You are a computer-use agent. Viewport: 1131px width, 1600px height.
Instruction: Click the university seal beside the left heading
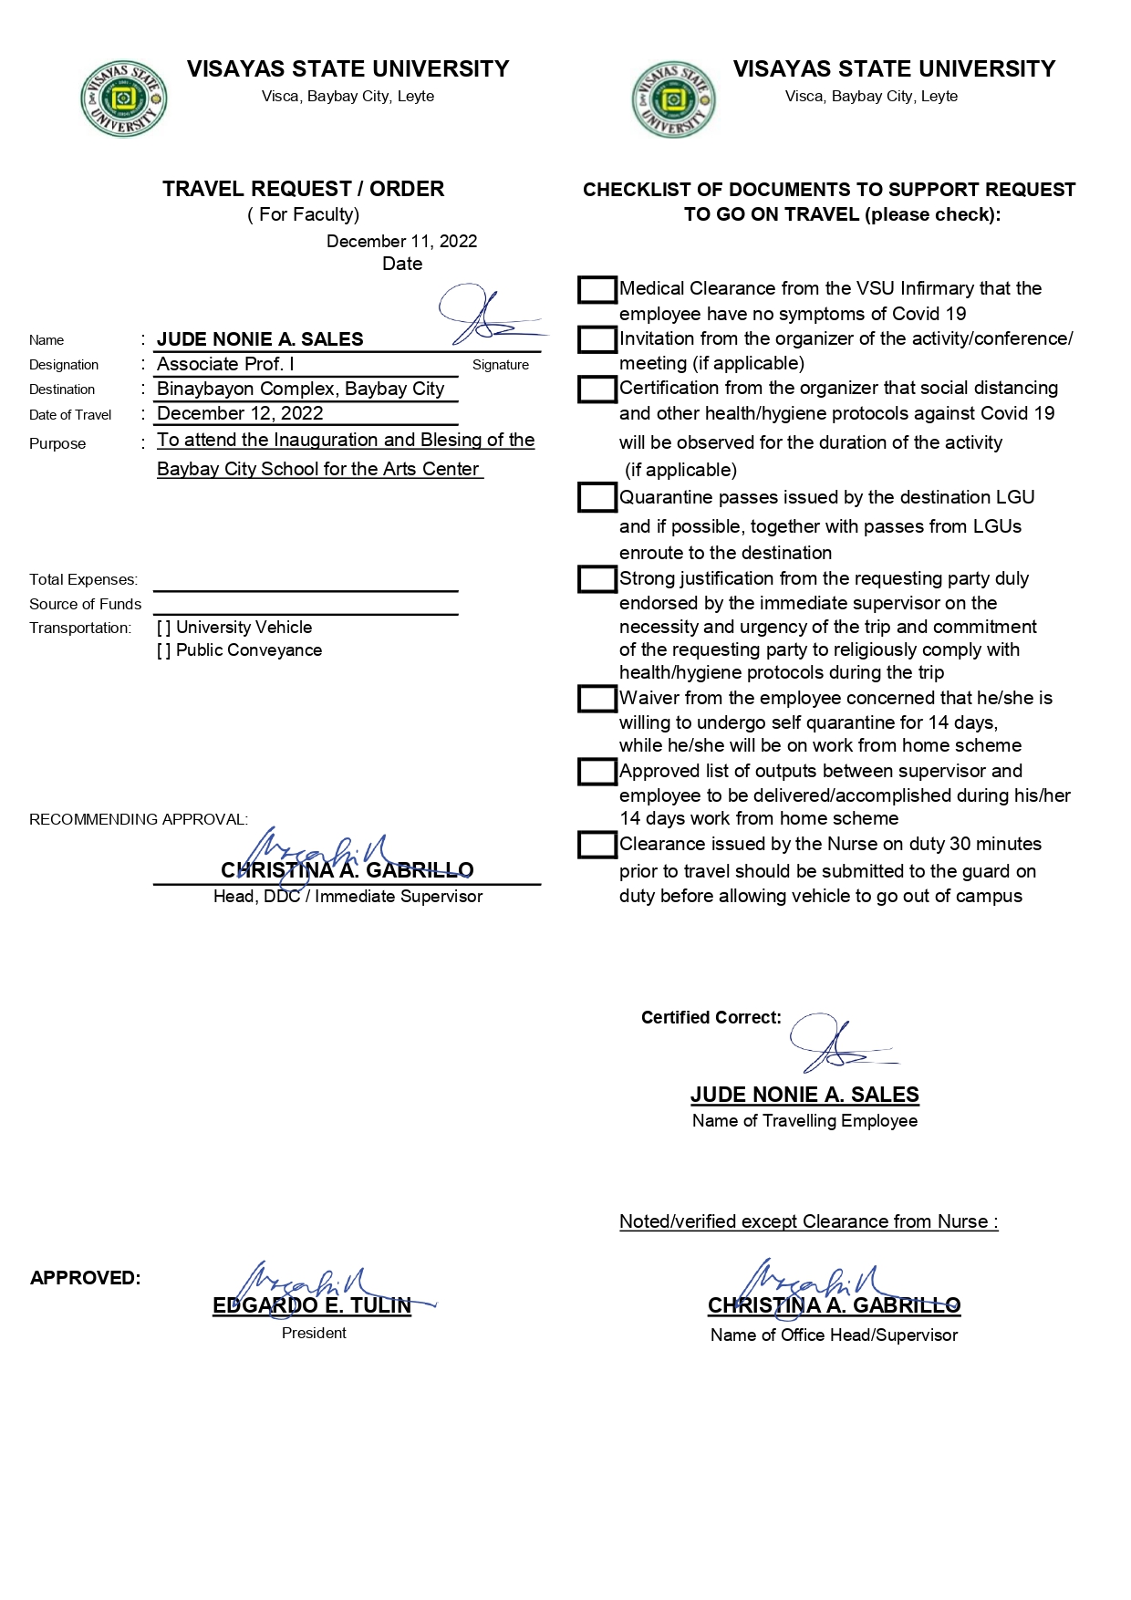tap(123, 99)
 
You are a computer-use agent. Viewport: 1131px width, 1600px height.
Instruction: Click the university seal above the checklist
tap(673, 99)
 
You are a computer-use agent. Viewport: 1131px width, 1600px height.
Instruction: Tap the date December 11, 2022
tap(401, 242)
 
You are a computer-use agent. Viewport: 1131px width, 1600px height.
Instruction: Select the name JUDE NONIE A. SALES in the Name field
tap(260, 339)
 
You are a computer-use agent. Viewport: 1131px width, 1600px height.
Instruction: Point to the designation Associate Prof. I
tap(225, 364)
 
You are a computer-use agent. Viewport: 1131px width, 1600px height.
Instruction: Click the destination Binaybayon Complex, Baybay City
tap(300, 389)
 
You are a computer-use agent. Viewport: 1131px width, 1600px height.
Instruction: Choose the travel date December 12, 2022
tap(240, 413)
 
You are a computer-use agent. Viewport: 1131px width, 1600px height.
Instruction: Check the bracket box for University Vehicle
tap(164, 628)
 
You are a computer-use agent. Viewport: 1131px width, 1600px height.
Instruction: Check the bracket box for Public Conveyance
tap(164, 650)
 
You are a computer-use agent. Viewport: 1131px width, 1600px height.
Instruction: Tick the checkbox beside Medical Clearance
tap(597, 290)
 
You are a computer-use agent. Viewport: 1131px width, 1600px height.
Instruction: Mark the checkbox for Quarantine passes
tap(597, 498)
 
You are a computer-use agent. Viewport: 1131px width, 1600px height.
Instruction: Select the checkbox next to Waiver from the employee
tap(597, 699)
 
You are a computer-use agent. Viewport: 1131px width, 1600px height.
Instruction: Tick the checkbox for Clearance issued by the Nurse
tap(597, 845)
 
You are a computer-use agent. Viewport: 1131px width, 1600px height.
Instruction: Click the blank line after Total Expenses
tap(306, 584)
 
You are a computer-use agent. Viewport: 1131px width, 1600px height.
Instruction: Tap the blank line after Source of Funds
tap(306, 608)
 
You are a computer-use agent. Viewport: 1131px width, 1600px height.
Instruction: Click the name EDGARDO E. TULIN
tap(312, 1305)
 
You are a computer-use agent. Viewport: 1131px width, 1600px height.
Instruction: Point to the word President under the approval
tap(314, 1334)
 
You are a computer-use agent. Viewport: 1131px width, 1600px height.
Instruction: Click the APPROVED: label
tap(86, 1278)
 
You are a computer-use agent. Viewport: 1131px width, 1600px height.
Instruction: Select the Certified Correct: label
tap(711, 1018)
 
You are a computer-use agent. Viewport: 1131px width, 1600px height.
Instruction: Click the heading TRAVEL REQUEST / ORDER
tap(304, 189)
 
